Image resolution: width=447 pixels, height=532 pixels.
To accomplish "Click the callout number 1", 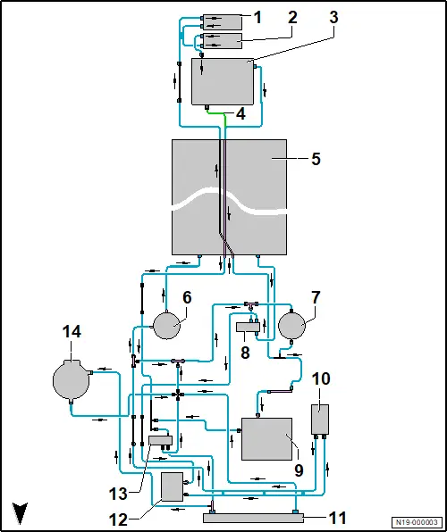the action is point(258,18).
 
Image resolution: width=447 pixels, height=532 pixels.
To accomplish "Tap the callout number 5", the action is point(316,159).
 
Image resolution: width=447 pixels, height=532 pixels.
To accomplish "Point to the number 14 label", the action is point(72,331).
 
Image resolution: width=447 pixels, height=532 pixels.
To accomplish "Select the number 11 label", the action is point(338,518).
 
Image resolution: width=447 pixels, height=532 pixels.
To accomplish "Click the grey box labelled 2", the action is point(222,41).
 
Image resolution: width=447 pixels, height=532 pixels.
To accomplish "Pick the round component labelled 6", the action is point(167,326).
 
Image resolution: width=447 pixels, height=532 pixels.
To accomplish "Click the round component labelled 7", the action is point(291,326).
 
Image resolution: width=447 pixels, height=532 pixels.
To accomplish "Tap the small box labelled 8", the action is point(248,327).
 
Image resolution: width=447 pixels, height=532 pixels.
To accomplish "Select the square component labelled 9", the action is point(266,438).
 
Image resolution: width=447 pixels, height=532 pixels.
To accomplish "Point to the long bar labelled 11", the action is point(253,518).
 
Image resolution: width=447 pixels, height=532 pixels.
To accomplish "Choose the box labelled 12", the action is point(172,486).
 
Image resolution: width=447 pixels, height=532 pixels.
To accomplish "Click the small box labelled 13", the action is point(160,441).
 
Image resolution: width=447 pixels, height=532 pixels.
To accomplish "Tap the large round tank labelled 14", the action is point(71,380).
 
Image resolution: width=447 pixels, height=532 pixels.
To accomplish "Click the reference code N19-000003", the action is point(417,522).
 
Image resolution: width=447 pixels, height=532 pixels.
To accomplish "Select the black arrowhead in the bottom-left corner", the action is point(20,512).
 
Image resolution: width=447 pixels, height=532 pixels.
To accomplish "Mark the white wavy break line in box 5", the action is point(230,201).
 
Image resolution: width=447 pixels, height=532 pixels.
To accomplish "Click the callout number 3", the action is point(334,17).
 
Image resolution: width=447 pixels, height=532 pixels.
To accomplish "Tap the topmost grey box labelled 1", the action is point(222,22).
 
